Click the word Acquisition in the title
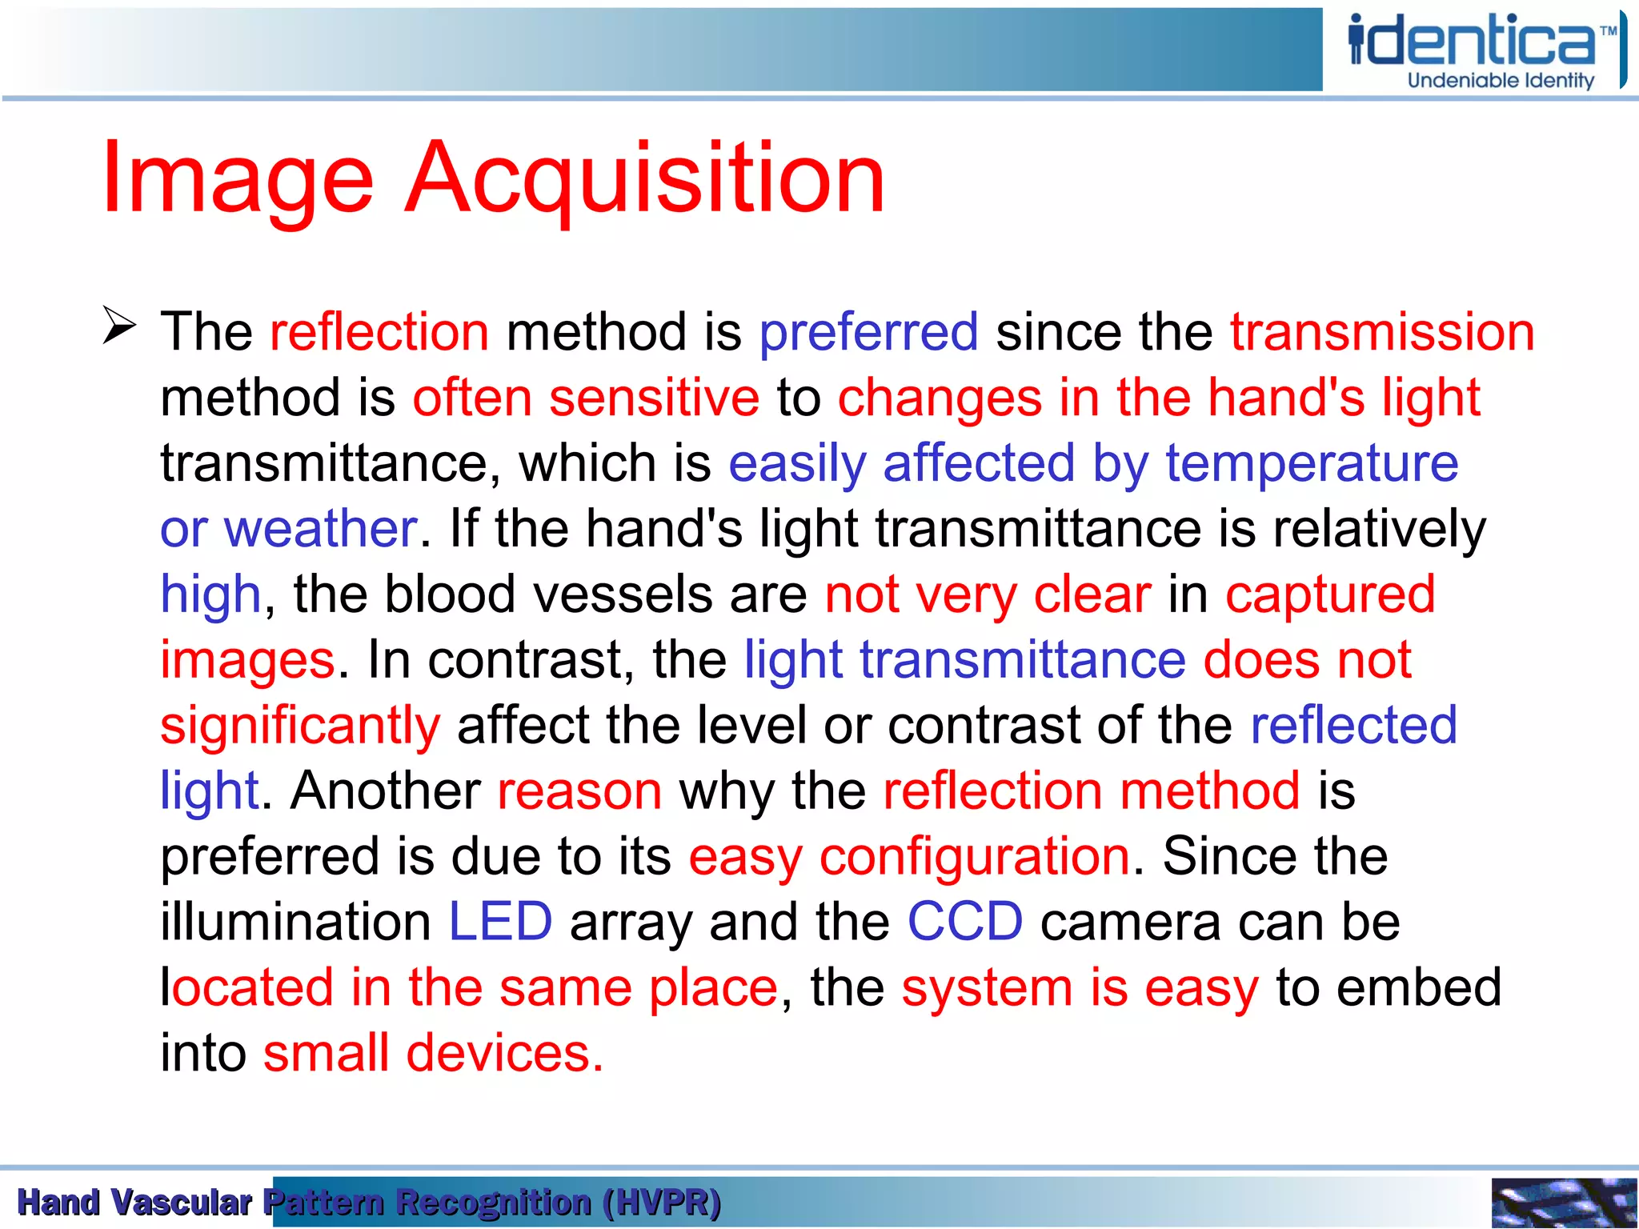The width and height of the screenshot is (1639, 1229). [x=645, y=178]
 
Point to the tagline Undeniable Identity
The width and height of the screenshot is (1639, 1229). [x=1501, y=81]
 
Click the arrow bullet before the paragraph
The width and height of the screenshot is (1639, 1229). [x=119, y=326]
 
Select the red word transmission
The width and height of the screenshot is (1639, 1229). [x=1382, y=332]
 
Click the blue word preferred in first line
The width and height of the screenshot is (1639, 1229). [x=868, y=332]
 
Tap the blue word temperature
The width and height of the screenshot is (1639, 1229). [x=1312, y=463]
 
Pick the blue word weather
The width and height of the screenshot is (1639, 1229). [x=320, y=529]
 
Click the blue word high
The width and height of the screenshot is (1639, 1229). [x=210, y=594]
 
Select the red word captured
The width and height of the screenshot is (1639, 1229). [x=1330, y=594]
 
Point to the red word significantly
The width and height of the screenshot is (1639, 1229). [x=300, y=726]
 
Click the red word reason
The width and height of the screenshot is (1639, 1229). [x=579, y=791]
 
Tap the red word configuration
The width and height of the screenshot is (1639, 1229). [x=974, y=857]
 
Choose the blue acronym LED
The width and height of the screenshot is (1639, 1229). [x=500, y=922]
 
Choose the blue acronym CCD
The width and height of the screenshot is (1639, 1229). [x=964, y=922]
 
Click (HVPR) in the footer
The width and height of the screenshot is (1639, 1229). [x=662, y=1203]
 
